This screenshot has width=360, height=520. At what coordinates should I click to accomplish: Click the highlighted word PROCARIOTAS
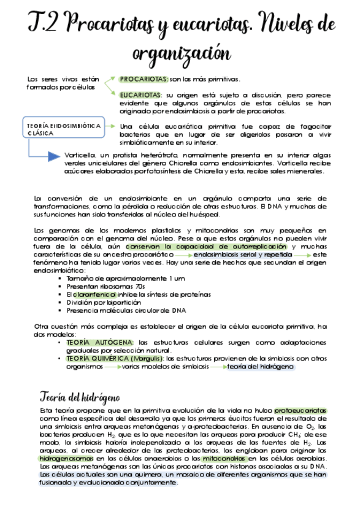[144, 79]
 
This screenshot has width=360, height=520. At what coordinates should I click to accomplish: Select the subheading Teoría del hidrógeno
[80, 397]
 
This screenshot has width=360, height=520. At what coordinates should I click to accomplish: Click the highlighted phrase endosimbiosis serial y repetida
[243, 254]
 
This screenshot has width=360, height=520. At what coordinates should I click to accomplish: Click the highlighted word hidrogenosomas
[63, 458]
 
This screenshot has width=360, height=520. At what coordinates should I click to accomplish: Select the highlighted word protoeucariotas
[301, 410]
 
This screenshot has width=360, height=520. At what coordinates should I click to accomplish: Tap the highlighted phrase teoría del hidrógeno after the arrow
[261, 367]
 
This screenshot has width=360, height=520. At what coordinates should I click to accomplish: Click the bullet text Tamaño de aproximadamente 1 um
[117, 278]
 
